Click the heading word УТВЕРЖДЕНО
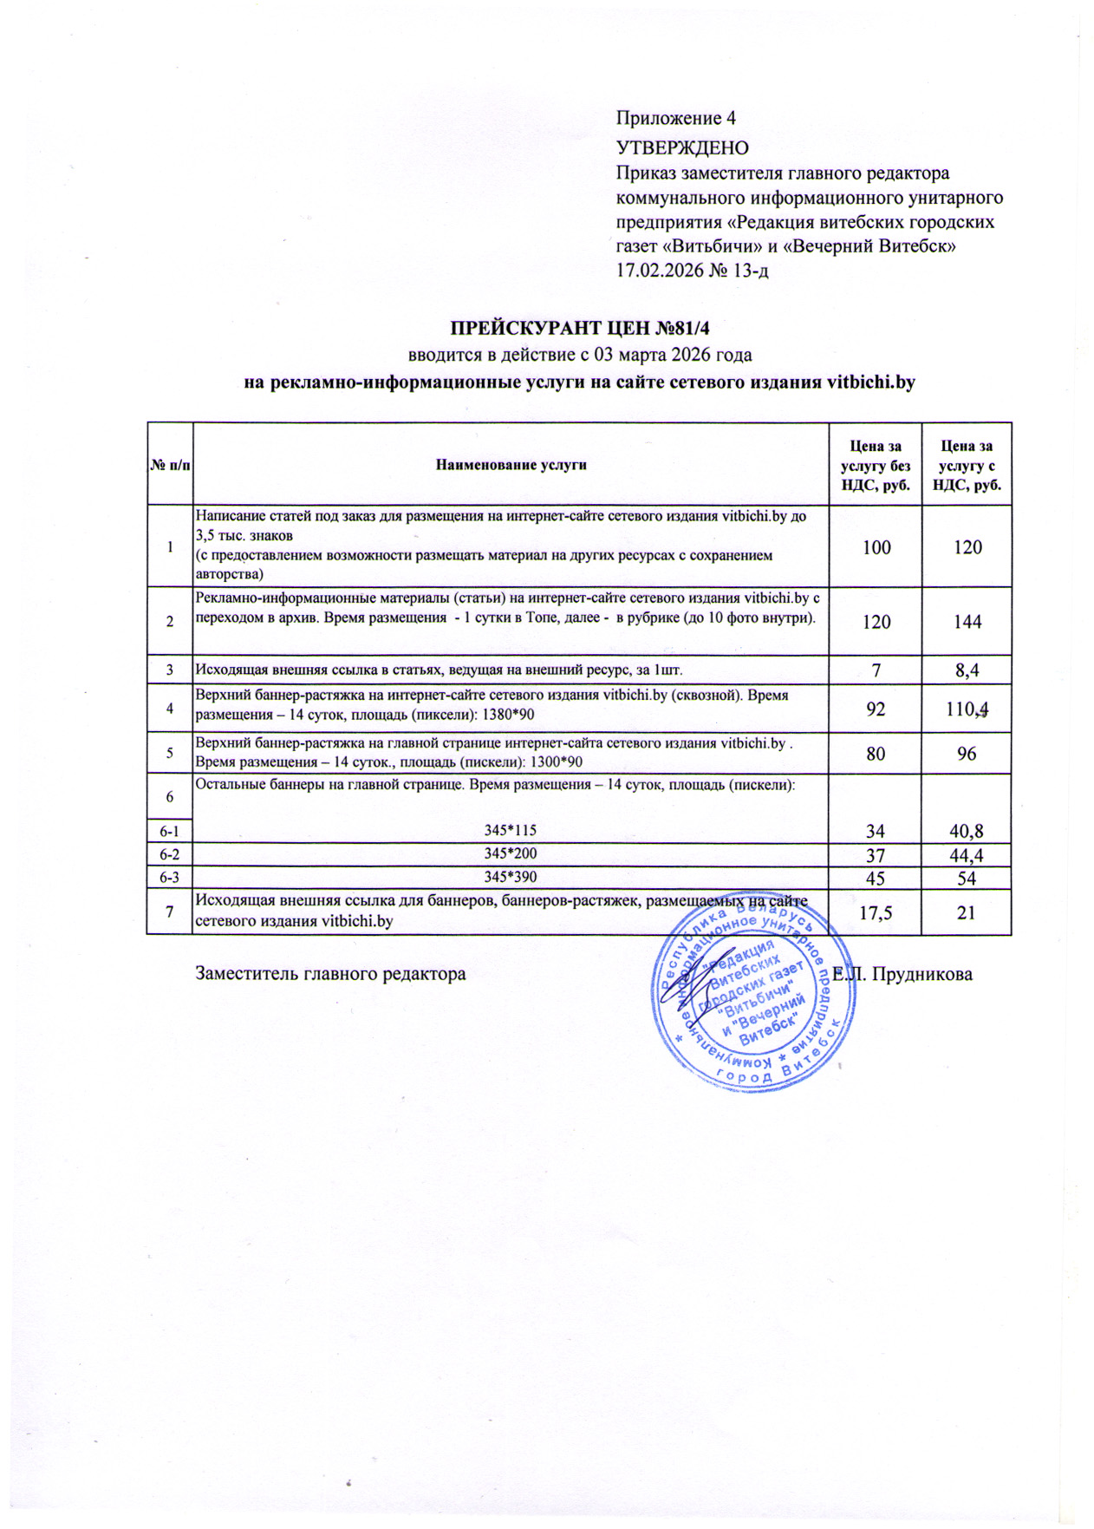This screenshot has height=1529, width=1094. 682,147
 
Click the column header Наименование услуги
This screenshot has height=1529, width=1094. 511,465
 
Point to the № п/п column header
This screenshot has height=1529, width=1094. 170,465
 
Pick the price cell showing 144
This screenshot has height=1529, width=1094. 967,622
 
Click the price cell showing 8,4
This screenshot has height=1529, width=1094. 967,670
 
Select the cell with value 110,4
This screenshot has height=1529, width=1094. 967,709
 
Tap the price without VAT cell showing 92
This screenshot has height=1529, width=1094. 876,709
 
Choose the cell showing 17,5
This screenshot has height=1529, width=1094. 876,912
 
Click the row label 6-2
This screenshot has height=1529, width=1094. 169,855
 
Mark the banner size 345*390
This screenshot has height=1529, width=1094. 511,877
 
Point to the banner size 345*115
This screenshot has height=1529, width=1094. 511,830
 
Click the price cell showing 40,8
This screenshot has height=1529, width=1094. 967,832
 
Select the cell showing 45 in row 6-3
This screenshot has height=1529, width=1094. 876,879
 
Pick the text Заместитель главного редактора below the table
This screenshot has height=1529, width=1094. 330,974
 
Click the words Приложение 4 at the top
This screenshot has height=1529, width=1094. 675,118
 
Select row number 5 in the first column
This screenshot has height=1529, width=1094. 170,753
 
